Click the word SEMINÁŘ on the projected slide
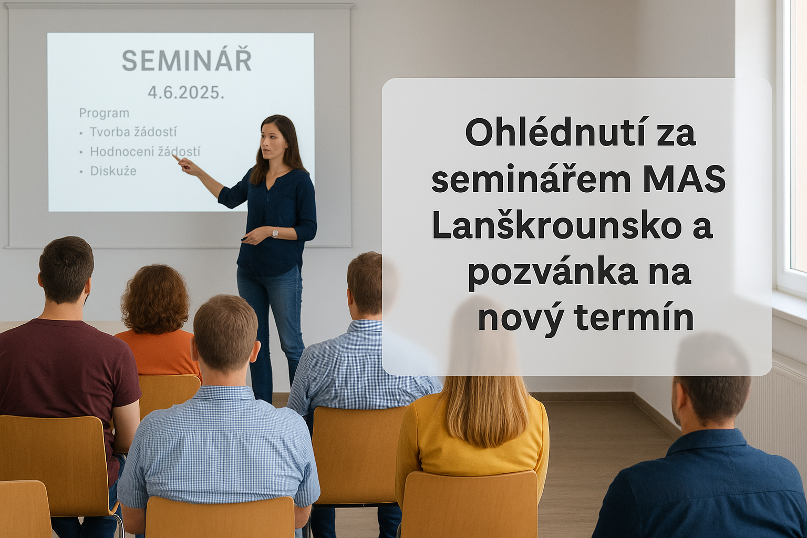(187, 60)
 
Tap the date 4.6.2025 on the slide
(186, 93)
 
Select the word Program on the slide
(104, 113)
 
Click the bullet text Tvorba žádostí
(133, 132)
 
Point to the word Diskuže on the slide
(113, 170)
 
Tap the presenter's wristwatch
(275, 233)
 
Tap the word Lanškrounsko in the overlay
(553, 226)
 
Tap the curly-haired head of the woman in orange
(156, 299)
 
